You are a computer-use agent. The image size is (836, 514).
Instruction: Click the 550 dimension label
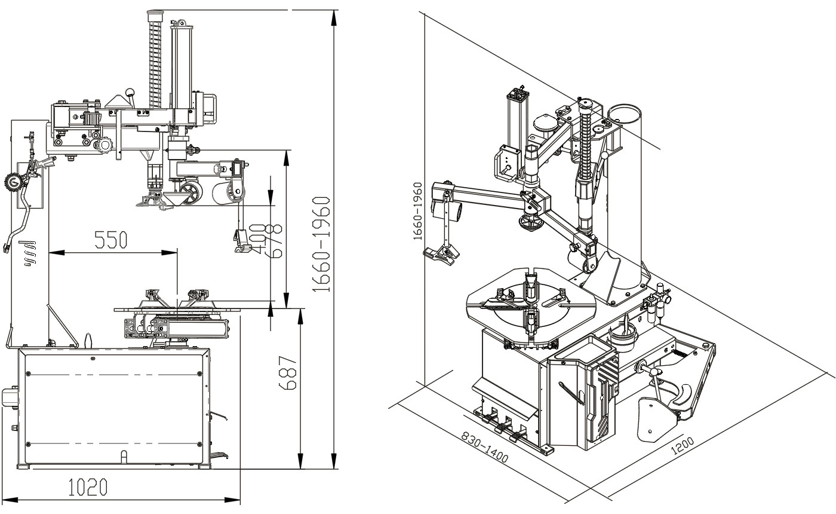coord(110,240)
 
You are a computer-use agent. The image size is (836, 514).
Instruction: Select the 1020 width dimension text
coord(88,487)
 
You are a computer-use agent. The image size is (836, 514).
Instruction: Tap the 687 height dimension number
coord(288,374)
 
